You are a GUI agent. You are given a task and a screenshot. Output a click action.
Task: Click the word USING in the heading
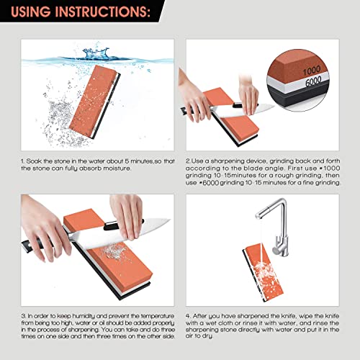[35, 13]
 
